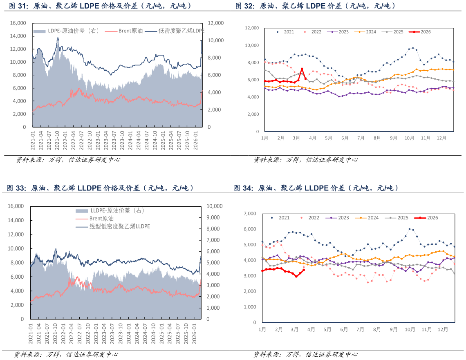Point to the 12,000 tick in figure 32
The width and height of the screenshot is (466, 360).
[252, 28]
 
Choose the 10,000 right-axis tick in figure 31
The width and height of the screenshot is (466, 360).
[216, 40]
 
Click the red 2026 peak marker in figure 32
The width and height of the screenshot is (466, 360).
[302, 69]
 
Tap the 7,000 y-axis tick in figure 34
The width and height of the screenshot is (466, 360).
[249, 213]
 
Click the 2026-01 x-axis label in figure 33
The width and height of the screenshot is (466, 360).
[195, 333]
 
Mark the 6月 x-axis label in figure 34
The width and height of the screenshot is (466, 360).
[343, 329]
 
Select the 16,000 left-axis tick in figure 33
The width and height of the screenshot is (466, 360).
[16, 206]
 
